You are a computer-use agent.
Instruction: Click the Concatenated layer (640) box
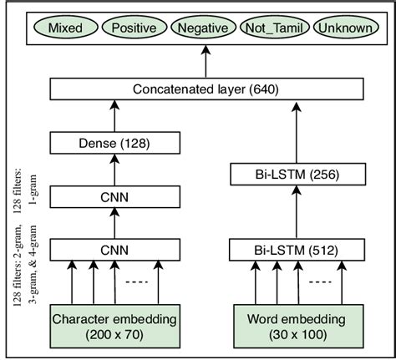pos(205,88)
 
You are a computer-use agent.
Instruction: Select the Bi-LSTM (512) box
pos(295,250)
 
